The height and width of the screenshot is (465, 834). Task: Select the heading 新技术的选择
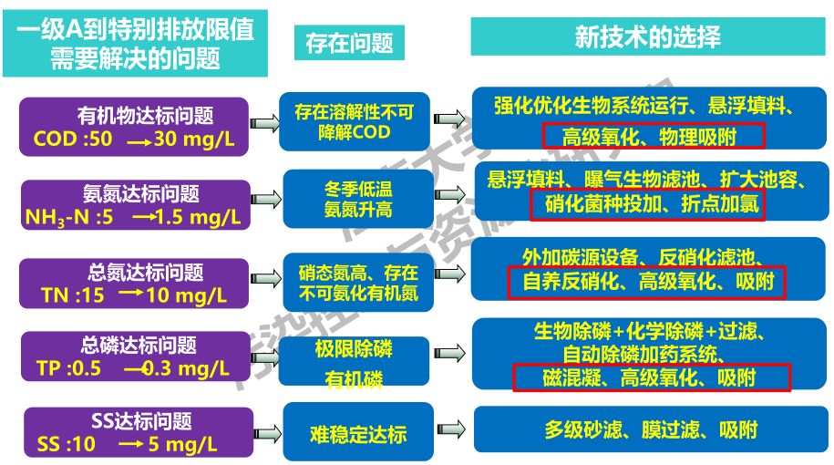coord(648,36)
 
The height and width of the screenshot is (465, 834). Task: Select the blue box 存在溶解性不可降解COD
coord(355,122)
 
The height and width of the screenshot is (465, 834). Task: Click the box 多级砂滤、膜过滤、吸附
coord(651,430)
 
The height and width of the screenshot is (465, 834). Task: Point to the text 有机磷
coord(354,378)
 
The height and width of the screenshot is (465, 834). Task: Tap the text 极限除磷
coord(354,349)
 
